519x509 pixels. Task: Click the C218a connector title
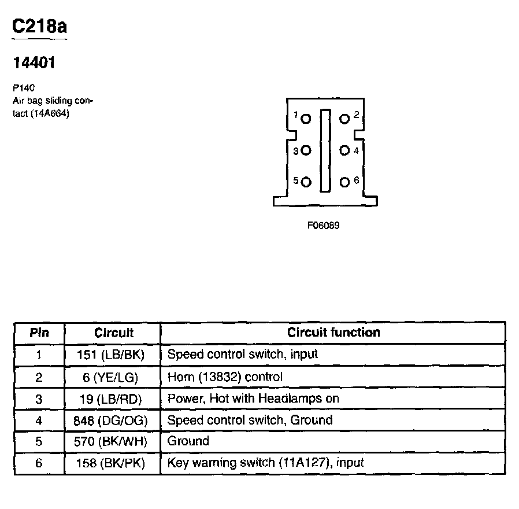point(39,28)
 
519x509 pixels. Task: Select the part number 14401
point(34,63)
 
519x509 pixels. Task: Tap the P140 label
point(24,88)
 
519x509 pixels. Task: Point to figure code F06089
point(323,226)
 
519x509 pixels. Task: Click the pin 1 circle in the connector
point(306,119)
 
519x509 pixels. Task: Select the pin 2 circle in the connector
point(344,119)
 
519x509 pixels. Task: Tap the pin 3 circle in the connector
point(306,151)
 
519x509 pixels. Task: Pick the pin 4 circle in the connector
point(344,151)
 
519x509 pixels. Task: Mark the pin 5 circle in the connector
point(306,182)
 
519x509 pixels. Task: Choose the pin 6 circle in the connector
point(344,182)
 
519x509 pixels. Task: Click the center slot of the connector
point(325,150)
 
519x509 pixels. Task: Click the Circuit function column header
point(333,333)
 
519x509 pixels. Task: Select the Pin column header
point(39,333)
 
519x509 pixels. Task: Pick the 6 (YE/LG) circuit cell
point(113,377)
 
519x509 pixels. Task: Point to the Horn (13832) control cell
point(225,377)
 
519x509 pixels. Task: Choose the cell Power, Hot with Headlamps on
point(253,399)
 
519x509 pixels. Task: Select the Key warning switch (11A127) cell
point(265,463)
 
